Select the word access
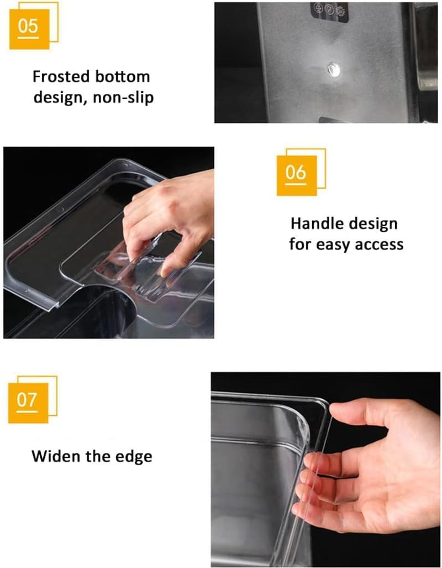378,244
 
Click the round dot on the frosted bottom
333,69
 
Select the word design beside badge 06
371,224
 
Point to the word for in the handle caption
301,244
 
